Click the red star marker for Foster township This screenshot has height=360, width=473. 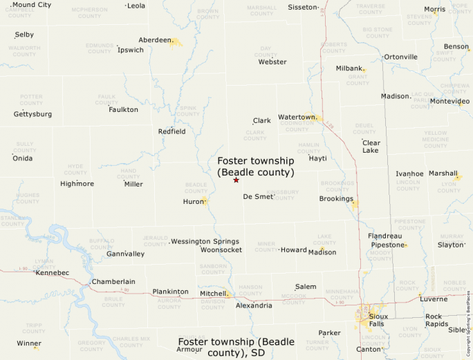[236, 180]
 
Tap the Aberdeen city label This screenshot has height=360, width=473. [154, 40]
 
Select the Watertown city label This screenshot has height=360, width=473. [297, 117]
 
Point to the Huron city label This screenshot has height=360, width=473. [192, 202]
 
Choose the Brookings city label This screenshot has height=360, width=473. [336, 199]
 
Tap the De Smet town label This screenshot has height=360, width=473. [258, 197]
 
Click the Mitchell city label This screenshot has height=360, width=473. [213, 294]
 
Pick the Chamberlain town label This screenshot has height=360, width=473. [113, 282]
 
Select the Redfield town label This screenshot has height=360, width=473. [171, 131]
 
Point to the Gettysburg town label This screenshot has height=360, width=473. [33, 114]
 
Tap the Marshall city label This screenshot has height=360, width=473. [443, 173]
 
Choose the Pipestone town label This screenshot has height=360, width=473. [387, 245]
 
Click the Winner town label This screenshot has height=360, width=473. [29, 343]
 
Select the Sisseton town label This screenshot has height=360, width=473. [302, 7]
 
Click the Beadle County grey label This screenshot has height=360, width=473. [196, 187]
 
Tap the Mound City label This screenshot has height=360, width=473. [32, 5]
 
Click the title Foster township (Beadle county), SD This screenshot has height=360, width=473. [236, 347]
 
